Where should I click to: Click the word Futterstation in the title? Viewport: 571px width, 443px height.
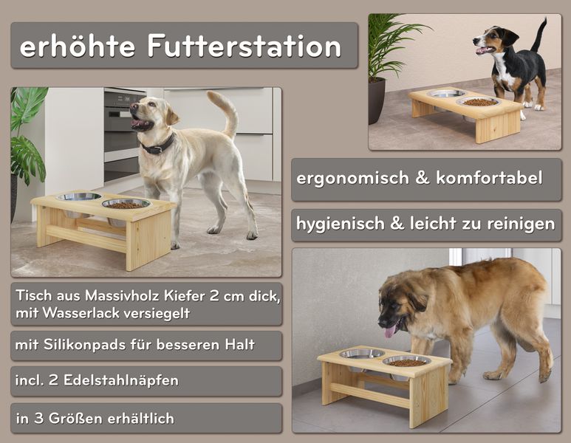click(245, 47)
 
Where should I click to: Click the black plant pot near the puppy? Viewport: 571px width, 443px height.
click(377, 101)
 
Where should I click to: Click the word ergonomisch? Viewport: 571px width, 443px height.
click(352, 179)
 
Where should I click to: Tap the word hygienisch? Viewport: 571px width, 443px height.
click(340, 224)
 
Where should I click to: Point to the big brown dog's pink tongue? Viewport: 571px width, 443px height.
click(390, 331)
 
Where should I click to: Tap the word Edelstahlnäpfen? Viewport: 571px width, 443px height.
click(121, 380)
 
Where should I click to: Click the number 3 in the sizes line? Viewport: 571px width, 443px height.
click(39, 418)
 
